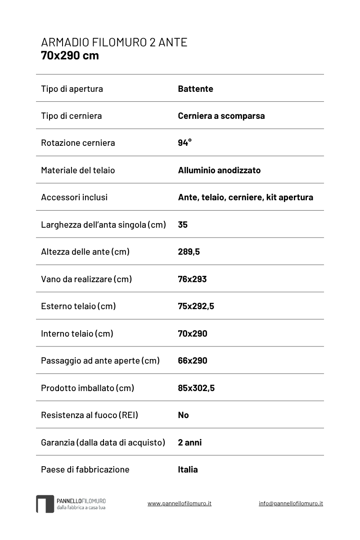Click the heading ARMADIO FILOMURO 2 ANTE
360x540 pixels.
[114, 42]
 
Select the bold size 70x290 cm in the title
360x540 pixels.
[70, 56]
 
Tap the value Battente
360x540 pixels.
[195, 89]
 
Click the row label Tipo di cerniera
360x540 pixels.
[71, 116]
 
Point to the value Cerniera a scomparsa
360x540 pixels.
[221, 116]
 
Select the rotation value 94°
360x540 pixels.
[184, 143]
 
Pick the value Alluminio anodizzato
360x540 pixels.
[219, 170]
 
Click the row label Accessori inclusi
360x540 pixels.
[74, 197]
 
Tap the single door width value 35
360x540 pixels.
[183, 225]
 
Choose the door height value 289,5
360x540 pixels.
[189, 252]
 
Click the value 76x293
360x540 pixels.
[192, 279]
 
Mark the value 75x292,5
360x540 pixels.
[196, 306]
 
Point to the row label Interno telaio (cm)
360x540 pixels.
[77, 333]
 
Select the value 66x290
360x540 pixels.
[193, 360]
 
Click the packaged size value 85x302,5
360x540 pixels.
[196, 388]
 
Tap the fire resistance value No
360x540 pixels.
[183, 415]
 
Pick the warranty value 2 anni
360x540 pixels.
[190, 442]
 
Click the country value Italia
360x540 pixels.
[188, 469]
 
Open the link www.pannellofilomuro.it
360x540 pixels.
[179, 503]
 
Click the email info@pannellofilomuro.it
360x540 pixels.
[291, 503]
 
